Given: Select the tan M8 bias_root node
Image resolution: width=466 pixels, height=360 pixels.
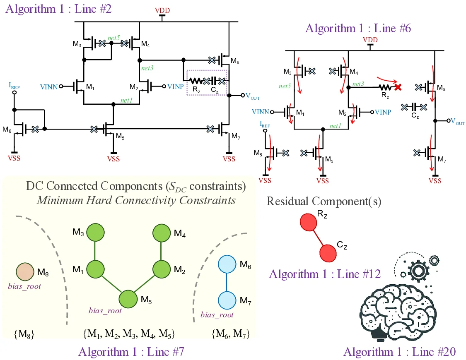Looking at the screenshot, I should click(x=25, y=272).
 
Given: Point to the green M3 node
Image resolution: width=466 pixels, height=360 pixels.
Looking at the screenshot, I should click(x=95, y=233).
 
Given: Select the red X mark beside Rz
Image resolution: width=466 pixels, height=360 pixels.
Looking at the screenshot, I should click(x=398, y=87).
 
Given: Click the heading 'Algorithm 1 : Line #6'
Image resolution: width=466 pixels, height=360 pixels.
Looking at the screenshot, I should click(x=358, y=29).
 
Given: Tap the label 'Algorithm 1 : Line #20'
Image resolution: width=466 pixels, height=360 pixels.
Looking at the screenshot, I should click(x=399, y=352).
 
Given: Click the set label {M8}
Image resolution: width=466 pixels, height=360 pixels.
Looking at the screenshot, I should click(x=24, y=334).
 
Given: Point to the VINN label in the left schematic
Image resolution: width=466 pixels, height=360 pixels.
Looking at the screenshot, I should click(x=48, y=86).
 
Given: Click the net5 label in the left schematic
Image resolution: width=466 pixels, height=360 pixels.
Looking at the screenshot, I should click(x=114, y=38).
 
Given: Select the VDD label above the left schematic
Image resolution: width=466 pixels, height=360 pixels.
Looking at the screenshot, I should click(x=163, y=10).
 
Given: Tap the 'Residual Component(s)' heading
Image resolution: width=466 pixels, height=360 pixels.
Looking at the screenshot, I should click(x=324, y=201).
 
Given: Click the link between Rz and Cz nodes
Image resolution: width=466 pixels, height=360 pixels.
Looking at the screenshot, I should click(x=318, y=237).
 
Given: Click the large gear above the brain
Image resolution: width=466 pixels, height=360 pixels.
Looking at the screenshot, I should click(x=417, y=270).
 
